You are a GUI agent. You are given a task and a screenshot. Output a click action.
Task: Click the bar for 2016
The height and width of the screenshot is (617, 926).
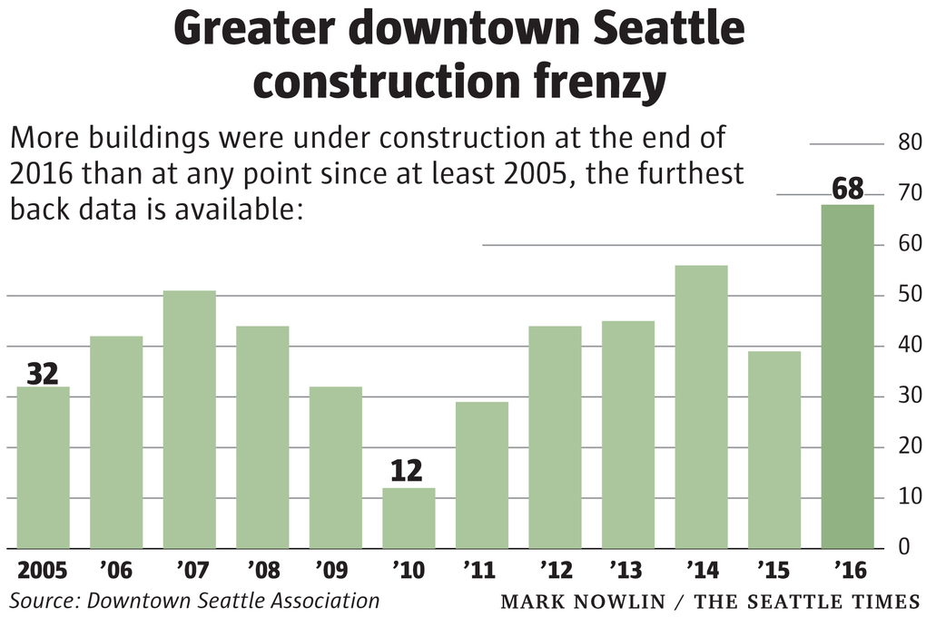coord(847,377)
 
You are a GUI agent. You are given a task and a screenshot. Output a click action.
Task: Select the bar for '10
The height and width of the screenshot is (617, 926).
coord(409,518)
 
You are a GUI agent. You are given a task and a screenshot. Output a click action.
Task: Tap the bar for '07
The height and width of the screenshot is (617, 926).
coord(189,419)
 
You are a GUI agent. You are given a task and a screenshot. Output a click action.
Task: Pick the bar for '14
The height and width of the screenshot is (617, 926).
coord(701,406)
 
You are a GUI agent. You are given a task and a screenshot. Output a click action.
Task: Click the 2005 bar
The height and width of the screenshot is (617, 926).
coord(43,467)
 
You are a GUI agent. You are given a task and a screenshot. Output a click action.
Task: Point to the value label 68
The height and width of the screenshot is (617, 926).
coord(847,190)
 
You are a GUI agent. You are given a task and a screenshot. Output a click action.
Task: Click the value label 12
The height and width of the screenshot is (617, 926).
coord(409,472)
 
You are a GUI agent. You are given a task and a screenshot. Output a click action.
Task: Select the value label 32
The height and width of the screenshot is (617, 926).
coord(43,372)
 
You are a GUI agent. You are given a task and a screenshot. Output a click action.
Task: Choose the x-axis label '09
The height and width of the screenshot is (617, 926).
coord(334,572)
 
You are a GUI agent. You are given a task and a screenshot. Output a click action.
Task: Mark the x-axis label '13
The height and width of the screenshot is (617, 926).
coord(627,572)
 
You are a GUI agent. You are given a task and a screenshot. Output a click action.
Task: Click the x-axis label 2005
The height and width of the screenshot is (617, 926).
coord(44,572)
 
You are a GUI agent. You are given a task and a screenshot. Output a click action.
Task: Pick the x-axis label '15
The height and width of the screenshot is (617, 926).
coord(774,572)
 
